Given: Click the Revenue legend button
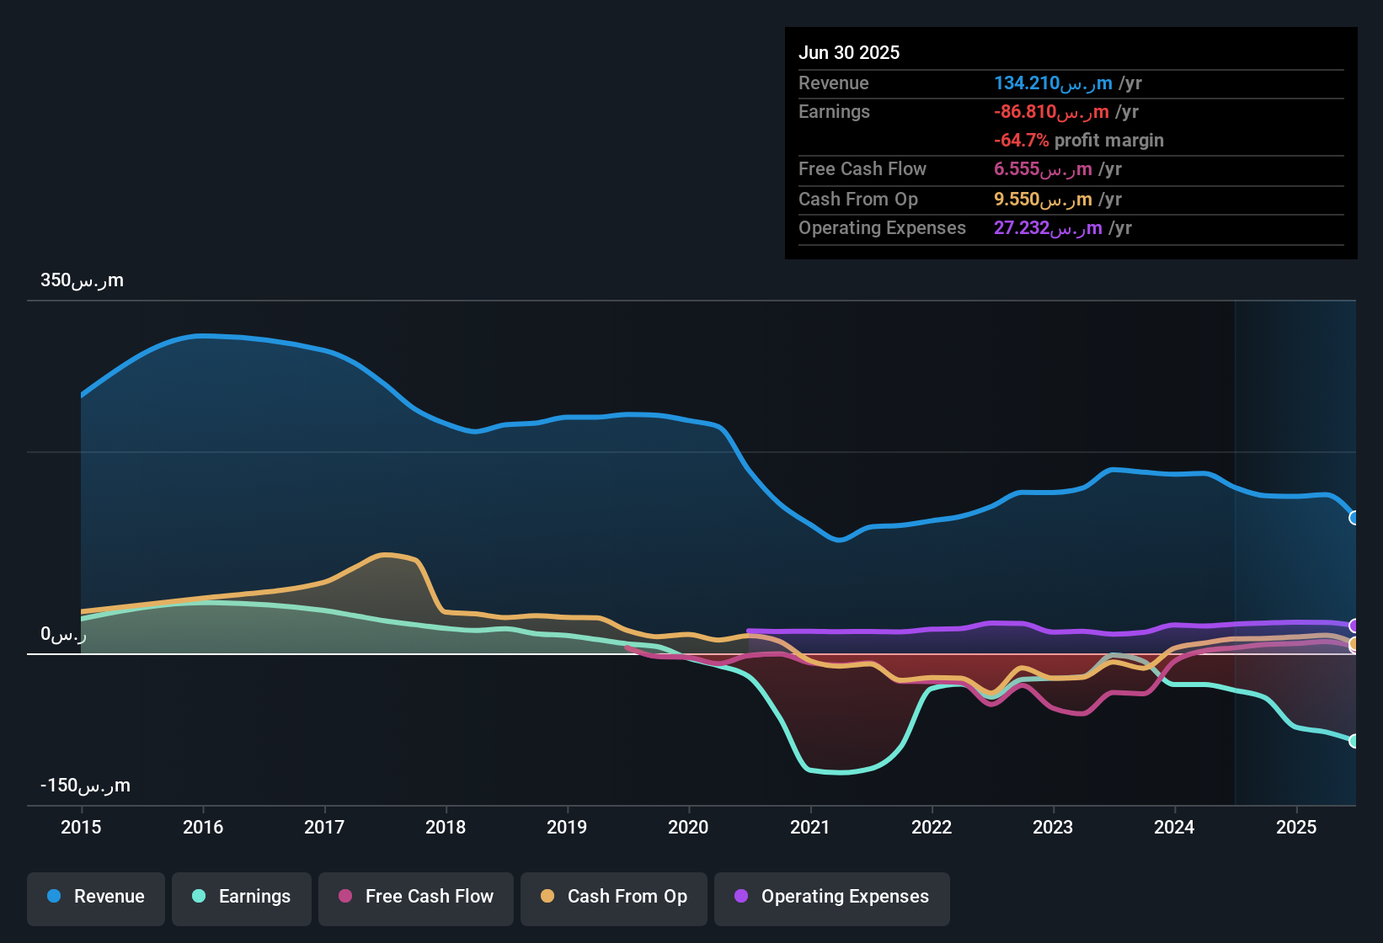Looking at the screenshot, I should pos(96,897).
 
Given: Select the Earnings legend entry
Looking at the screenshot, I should pos(242,897).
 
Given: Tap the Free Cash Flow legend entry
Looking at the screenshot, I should pos(416,897).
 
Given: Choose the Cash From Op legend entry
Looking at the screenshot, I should pos(614,897).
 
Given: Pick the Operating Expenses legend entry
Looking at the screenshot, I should pos(832,897).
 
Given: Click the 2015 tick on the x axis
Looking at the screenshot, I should pos(81,827).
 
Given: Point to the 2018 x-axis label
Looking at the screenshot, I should pos(446,827).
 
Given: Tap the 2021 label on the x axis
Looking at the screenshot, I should pos(810,827).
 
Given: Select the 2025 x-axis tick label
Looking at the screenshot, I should pos(1296,827).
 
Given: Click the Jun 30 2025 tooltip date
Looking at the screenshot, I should pos(849,52).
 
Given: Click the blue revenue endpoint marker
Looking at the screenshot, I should pos(1354,518).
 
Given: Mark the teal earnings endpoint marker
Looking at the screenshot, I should pos(1354,741).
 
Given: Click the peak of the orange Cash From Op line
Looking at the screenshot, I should pos(385,554).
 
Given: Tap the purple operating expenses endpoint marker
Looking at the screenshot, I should pos(1354,626).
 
